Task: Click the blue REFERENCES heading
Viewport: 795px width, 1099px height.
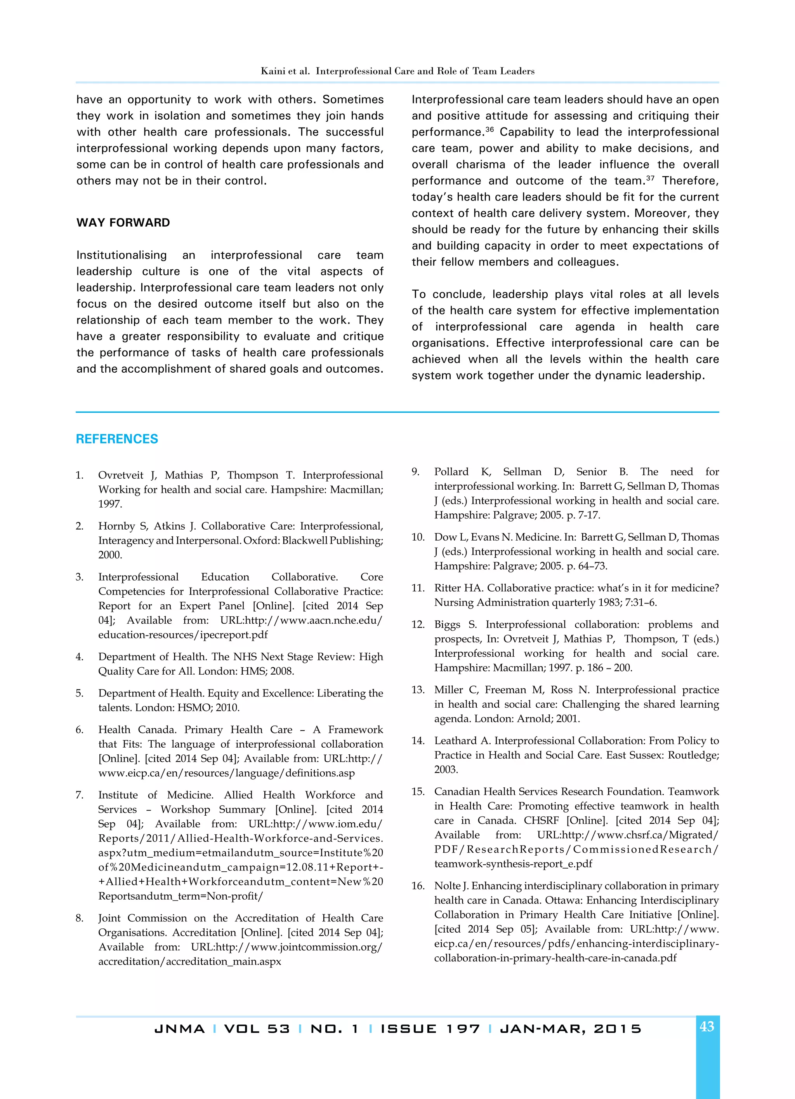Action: [x=117, y=439]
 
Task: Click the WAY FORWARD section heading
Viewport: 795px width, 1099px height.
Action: [x=123, y=223]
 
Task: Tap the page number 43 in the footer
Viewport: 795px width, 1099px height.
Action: [x=706, y=1027]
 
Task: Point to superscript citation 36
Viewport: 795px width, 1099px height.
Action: [x=489, y=129]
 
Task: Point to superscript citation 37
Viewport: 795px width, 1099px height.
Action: [x=650, y=178]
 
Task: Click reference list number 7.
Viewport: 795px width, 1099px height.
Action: [x=80, y=795]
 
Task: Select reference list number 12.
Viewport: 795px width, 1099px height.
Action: [x=417, y=625]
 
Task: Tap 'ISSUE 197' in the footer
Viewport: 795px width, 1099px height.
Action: [x=430, y=1029]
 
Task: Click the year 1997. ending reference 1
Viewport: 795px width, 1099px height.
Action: [x=110, y=504]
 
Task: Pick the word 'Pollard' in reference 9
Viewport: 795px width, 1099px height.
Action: [x=451, y=472]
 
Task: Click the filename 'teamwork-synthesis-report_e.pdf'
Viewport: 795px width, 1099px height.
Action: [x=513, y=864]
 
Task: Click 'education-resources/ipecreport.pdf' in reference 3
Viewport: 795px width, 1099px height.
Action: [x=182, y=635]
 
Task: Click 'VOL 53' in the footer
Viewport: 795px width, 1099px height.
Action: [x=257, y=1029]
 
